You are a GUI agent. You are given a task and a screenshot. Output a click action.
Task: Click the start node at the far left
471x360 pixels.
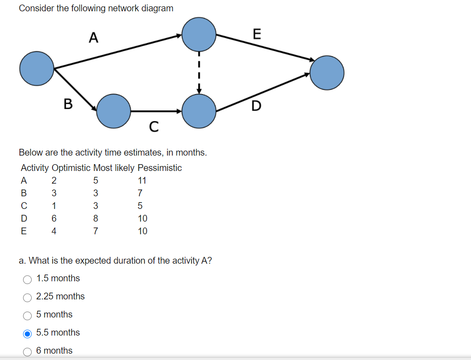(x=37, y=68)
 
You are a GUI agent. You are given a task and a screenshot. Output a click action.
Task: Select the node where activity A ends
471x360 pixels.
(x=199, y=34)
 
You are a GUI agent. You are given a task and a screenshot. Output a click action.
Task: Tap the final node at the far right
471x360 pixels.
(x=327, y=72)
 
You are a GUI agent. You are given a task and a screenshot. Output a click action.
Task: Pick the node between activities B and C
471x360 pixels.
(x=114, y=111)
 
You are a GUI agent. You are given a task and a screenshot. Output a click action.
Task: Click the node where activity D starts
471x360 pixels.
(x=199, y=111)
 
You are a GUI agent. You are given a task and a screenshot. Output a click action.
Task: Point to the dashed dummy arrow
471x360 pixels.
(x=199, y=72)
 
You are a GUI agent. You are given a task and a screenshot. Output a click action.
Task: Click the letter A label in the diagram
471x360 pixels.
(x=93, y=37)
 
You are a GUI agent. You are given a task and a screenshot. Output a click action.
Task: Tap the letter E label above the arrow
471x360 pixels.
(x=257, y=34)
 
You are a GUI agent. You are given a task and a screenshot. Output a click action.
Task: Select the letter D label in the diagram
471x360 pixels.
(x=256, y=106)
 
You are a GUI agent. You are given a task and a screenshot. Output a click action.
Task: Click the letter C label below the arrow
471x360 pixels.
(x=154, y=127)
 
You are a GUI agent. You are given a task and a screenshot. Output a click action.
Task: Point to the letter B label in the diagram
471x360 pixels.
(x=68, y=104)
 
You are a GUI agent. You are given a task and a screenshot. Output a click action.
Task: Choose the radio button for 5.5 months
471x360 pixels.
(x=28, y=334)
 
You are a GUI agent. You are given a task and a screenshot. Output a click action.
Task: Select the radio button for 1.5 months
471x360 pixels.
(x=28, y=279)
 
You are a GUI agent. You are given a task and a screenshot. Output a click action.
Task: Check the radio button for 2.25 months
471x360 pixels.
(x=28, y=298)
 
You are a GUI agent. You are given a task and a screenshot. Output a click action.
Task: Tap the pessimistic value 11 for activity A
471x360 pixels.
(x=142, y=180)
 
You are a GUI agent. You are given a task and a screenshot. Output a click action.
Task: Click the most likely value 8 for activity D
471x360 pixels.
(x=95, y=218)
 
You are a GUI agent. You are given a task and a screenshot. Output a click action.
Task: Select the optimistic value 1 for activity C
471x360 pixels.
(x=54, y=206)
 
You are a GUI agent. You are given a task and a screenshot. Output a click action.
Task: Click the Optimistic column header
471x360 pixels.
(x=71, y=168)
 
